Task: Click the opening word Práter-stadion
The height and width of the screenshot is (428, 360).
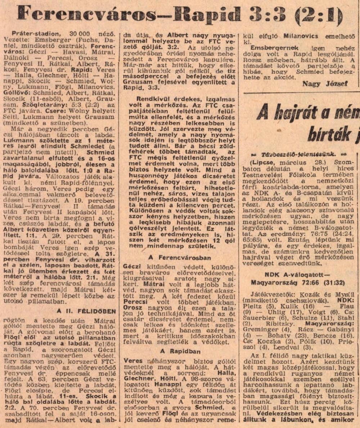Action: [x=31, y=33]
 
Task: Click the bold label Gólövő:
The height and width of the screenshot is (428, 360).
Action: [x=23, y=98]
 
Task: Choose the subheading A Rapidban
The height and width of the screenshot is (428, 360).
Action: [x=181, y=351]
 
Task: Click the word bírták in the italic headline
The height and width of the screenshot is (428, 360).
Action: [x=324, y=134]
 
